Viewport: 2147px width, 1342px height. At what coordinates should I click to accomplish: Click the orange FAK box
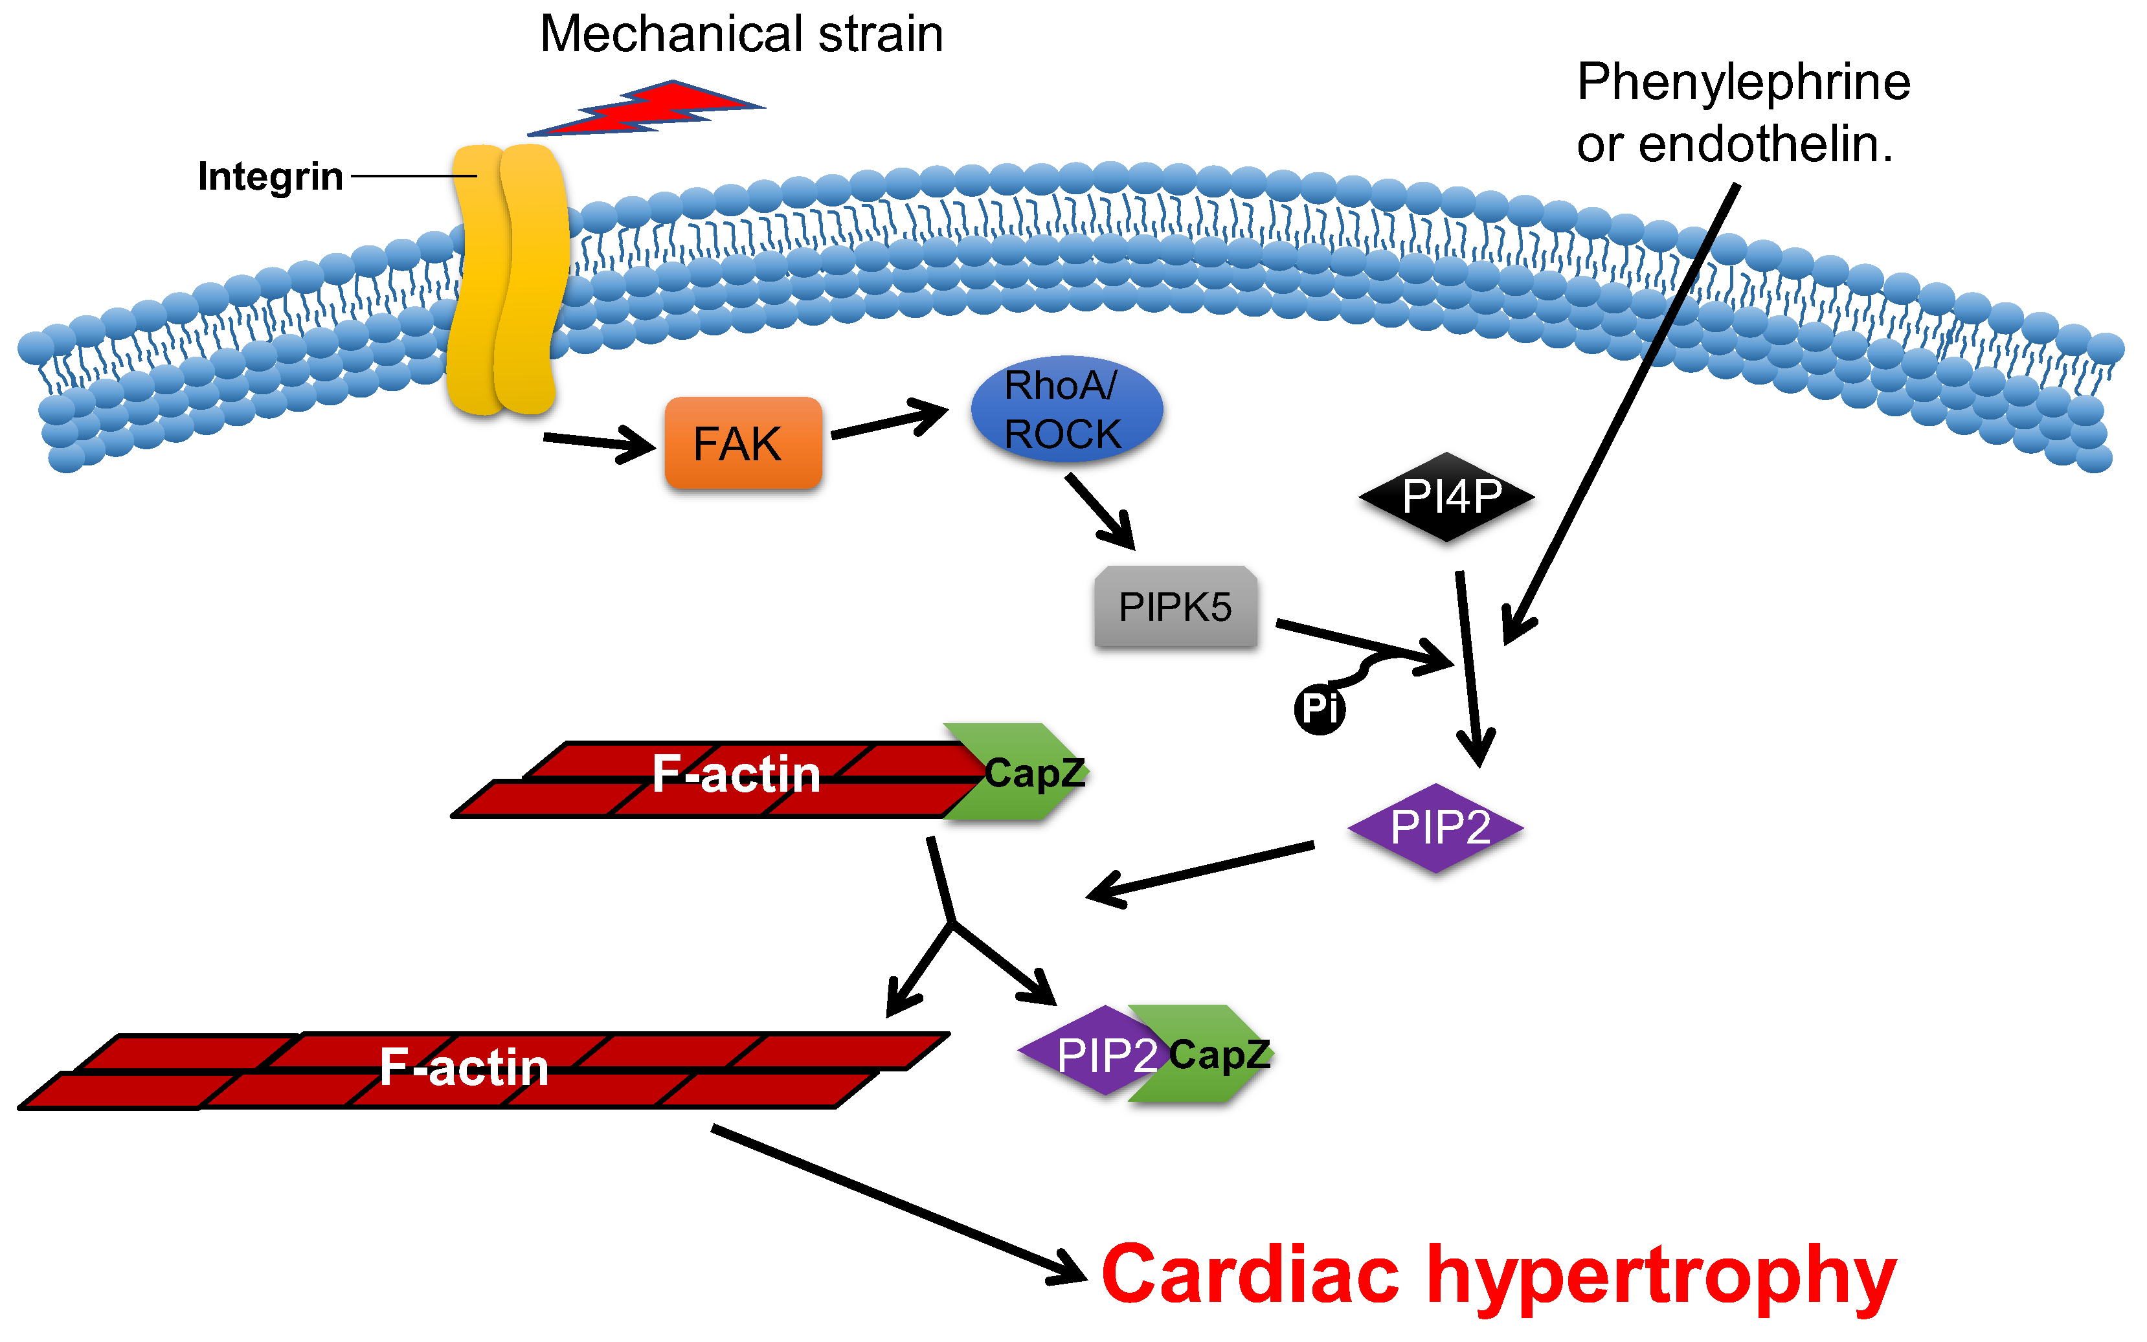(742, 443)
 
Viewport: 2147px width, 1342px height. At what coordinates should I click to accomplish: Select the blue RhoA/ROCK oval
(1066, 409)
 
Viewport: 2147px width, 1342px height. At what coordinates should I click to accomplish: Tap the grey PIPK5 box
(1175, 607)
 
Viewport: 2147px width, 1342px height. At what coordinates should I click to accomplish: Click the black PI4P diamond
(1446, 496)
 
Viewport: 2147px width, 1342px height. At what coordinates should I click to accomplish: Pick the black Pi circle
(1319, 709)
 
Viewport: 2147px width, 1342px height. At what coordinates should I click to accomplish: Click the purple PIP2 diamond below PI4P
(1436, 827)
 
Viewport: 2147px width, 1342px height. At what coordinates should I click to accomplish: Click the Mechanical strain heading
(741, 34)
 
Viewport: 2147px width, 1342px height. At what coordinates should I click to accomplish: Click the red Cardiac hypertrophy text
(1498, 1275)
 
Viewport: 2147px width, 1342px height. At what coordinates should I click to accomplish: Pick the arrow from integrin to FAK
(598, 441)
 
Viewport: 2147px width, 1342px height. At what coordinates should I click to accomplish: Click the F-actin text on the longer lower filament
(464, 1066)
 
